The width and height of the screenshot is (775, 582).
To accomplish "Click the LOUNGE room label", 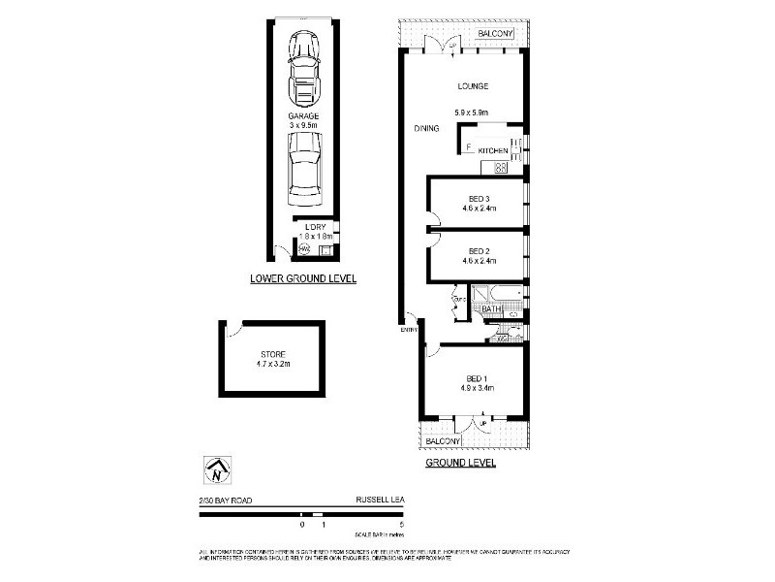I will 474,87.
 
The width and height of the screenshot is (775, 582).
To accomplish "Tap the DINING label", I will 426,128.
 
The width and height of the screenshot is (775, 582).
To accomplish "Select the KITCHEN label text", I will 492,151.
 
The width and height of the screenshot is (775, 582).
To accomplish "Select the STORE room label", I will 272,354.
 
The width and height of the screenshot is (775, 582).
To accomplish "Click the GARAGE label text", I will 302,116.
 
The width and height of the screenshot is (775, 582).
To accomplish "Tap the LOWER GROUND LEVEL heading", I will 303,278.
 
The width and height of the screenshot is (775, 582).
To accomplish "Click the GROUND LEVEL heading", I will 461,464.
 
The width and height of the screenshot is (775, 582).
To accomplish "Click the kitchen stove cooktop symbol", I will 502,167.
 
